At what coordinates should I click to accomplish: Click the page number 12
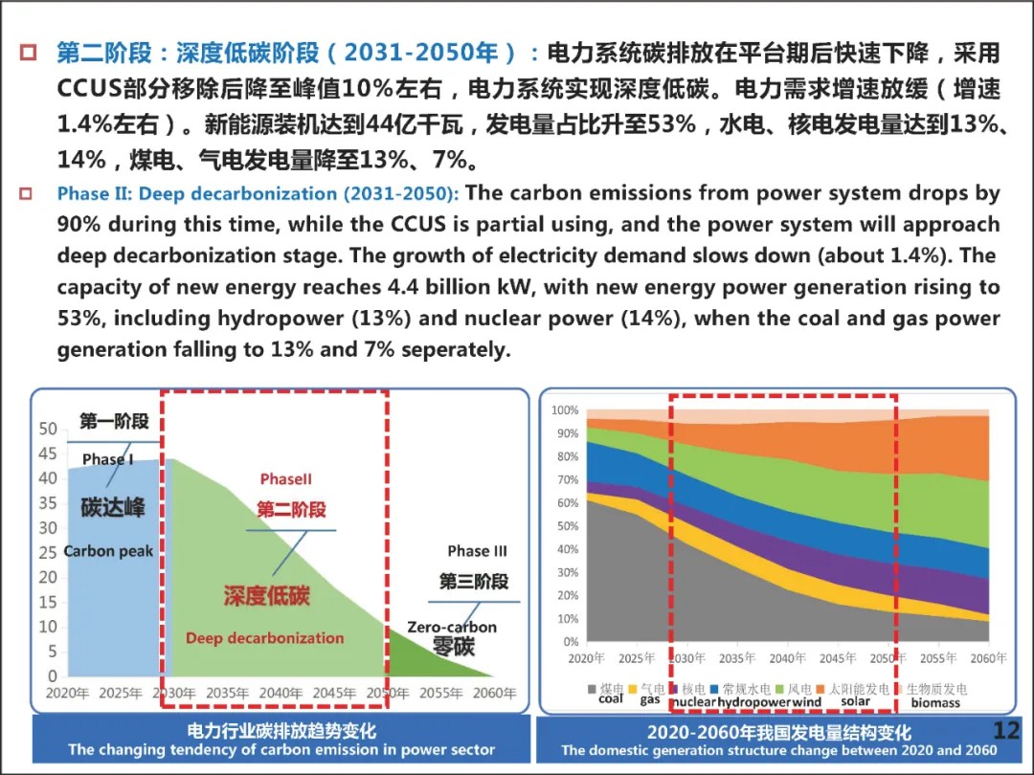1006,731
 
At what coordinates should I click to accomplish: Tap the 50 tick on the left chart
48,429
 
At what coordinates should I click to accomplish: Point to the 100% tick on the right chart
565,410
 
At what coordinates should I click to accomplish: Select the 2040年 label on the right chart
787,658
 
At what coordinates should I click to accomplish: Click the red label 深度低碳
267,595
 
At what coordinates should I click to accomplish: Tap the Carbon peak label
108,551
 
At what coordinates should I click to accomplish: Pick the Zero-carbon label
452,628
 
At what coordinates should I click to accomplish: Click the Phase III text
477,551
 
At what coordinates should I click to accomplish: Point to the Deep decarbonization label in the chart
264,638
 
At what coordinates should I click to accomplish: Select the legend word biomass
935,702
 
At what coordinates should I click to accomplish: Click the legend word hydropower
753,702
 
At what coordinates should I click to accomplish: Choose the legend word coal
611,699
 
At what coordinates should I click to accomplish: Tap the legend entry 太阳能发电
859,688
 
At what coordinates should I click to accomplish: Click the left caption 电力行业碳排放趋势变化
281,731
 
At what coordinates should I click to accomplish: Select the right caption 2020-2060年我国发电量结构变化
778,732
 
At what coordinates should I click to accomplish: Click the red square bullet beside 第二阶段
30,51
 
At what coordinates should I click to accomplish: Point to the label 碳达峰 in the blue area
113,506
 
